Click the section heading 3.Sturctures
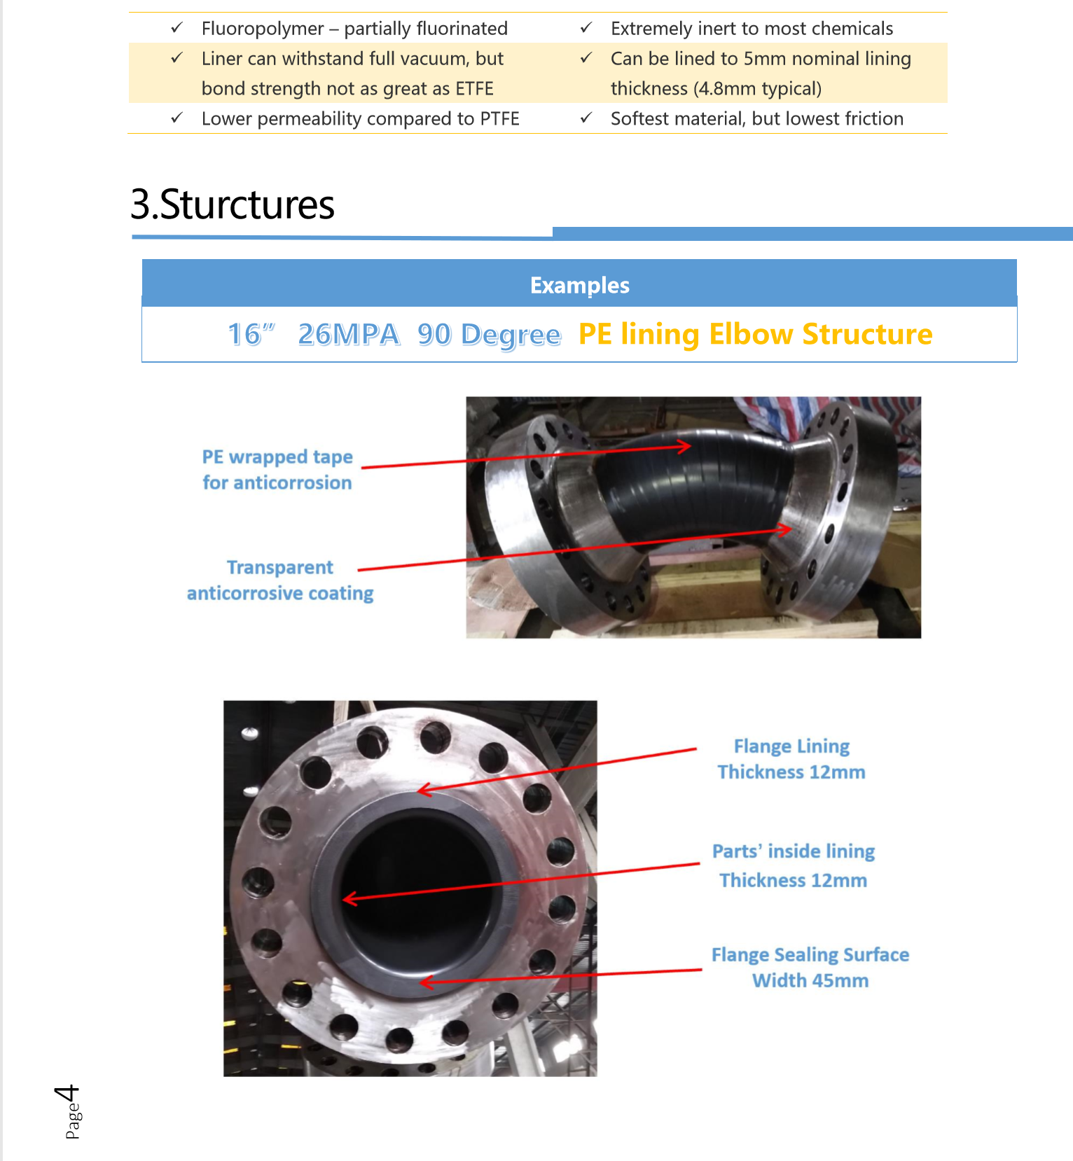coord(233,204)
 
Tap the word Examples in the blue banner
coord(579,285)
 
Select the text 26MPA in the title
coord(349,335)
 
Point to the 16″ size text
coord(251,335)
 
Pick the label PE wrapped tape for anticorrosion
coord(277,470)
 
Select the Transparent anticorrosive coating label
coord(280,580)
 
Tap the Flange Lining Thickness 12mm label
coord(791,759)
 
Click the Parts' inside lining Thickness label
coord(794,865)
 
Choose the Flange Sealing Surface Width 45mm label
coord(810,968)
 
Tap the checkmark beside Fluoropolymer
coord(177,28)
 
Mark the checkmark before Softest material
coord(586,118)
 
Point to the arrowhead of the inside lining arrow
coord(348,898)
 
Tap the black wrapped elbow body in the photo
coord(693,490)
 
